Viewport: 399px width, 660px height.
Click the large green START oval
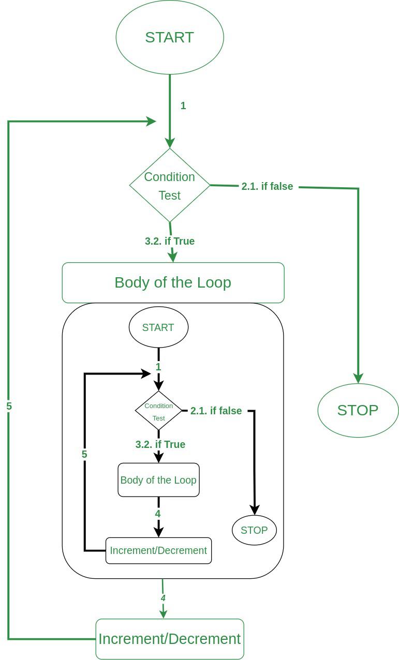(x=170, y=37)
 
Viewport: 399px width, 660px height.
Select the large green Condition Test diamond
(x=170, y=186)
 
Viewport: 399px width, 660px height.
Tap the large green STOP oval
(x=358, y=410)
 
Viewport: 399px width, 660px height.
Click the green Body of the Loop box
(x=173, y=282)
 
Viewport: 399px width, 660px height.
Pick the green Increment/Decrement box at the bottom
(x=170, y=639)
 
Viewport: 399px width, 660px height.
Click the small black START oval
(x=158, y=327)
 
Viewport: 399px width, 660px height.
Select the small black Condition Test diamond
(x=158, y=411)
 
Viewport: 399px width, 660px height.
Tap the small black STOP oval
(x=254, y=530)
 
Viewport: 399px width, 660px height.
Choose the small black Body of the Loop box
(x=158, y=480)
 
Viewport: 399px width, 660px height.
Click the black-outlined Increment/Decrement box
(x=158, y=550)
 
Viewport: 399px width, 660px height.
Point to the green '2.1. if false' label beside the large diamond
(x=267, y=186)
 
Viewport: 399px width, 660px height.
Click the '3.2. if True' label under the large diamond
(x=170, y=241)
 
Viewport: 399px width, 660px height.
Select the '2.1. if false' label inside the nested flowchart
(x=216, y=411)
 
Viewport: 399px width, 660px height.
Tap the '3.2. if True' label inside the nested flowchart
(x=160, y=444)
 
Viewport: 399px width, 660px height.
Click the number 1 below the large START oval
(x=183, y=106)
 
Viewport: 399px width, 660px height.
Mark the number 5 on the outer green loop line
(x=9, y=407)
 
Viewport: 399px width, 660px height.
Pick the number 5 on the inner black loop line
(x=84, y=455)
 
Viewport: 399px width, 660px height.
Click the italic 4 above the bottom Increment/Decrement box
(x=163, y=598)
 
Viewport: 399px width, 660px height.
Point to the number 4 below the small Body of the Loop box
(x=158, y=514)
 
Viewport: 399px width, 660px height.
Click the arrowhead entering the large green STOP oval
(x=358, y=378)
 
